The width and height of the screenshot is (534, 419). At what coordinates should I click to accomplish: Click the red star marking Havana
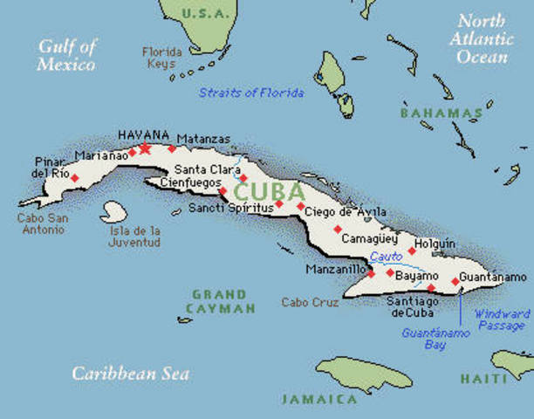tap(145, 148)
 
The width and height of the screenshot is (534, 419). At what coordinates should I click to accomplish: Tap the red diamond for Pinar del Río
tap(74, 178)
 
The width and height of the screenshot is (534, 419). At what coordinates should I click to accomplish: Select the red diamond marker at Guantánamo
tap(455, 281)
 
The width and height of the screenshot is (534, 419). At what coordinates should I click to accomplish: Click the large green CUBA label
tap(269, 190)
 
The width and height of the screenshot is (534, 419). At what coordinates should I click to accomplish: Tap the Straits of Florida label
tap(252, 93)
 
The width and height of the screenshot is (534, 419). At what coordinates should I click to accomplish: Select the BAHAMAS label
tap(441, 113)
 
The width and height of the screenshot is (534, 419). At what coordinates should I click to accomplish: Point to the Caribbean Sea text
tap(130, 374)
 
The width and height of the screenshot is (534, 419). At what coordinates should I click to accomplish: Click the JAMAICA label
tap(318, 399)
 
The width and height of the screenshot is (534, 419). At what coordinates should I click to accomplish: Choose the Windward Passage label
tap(501, 319)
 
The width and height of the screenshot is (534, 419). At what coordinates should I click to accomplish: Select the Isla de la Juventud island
tap(113, 212)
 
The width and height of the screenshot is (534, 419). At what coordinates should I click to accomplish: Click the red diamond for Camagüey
tap(338, 230)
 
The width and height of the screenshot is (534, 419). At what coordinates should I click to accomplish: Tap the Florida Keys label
tap(161, 58)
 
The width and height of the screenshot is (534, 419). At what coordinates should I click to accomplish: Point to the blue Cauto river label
tap(385, 257)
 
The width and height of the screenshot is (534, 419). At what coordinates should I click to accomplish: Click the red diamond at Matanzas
tap(172, 148)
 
